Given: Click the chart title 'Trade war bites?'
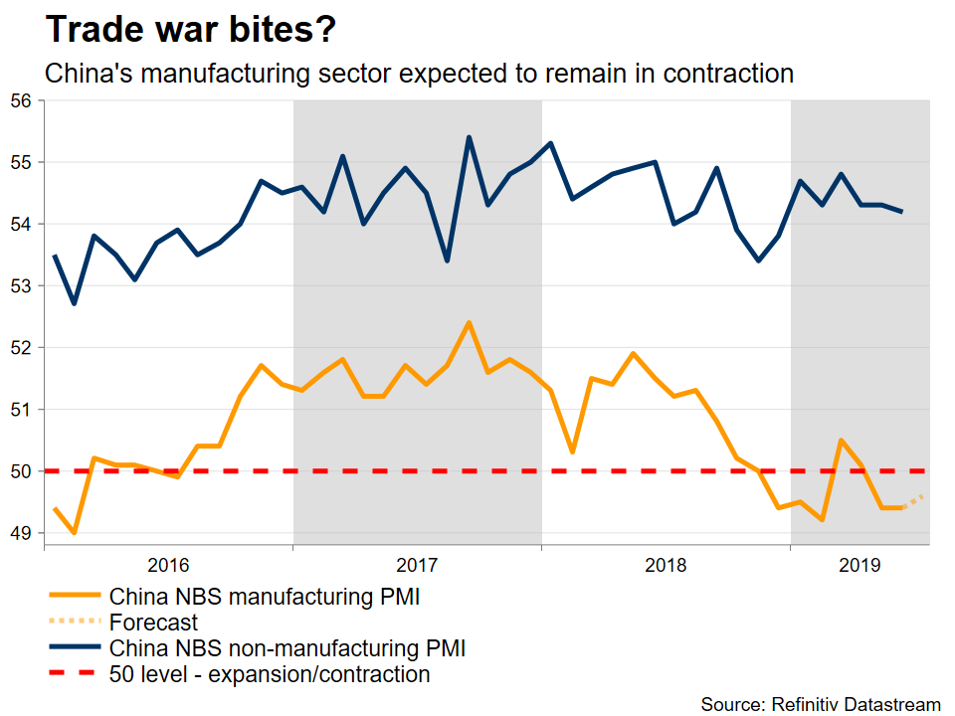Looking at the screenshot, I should tap(191, 30).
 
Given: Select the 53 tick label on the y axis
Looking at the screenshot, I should tap(21, 286).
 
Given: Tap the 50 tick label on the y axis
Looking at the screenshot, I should tap(21, 471).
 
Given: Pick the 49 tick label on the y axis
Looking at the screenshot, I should tap(21, 534).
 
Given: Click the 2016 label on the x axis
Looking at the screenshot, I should tap(168, 566).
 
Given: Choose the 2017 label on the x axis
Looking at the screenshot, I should tap(417, 566).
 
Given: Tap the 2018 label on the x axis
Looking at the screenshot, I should tap(666, 566).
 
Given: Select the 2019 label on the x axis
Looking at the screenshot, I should tap(859, 566).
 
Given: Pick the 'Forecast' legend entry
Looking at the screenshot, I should tap(153, 623).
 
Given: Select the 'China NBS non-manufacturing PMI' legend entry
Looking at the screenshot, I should tap(287, 648).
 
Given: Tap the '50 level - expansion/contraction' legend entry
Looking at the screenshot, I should tap(270, 674).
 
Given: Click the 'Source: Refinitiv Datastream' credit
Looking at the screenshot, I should tap(821, 704).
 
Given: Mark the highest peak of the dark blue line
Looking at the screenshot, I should tap(469, 137).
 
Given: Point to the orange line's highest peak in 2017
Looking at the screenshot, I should tap(469, 322).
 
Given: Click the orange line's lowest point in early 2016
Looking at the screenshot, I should tap(74, 533).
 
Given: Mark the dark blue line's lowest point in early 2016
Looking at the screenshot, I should tap(74, 303).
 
